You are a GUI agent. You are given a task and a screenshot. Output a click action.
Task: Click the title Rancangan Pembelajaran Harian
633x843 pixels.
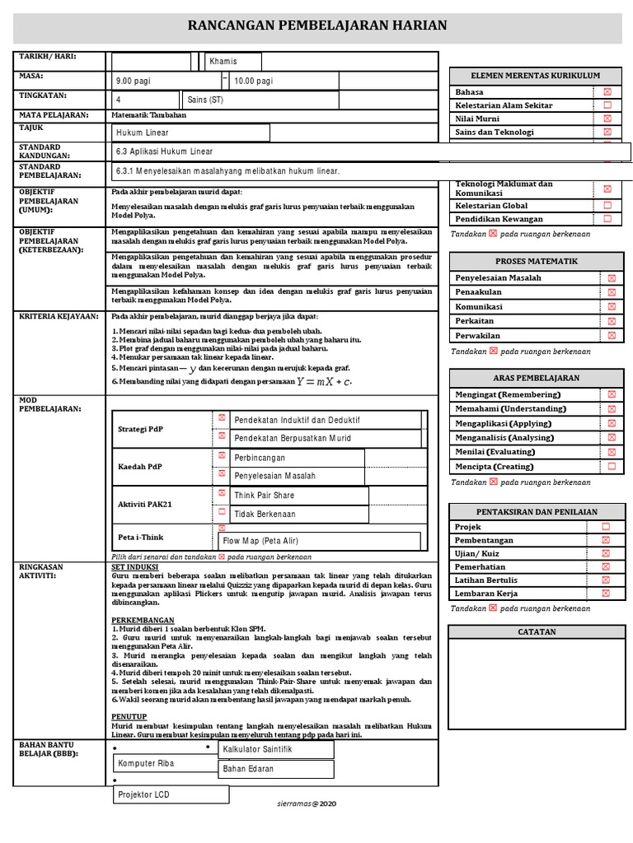click(x=318, y=26)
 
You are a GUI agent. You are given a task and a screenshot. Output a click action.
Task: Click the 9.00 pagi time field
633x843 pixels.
click(x=167, y=81)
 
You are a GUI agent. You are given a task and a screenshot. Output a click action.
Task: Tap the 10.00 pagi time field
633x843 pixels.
click(x=284, y=81)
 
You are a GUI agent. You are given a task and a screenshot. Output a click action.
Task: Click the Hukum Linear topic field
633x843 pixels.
click(x=190, y=133)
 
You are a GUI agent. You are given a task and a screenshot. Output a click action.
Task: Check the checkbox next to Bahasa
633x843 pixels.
click(x=607, y=92)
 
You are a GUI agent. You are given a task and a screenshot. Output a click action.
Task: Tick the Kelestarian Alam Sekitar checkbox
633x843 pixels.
click(x=607, y=105)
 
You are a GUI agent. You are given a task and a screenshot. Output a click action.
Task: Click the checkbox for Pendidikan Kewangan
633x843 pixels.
click(x=607, y=219)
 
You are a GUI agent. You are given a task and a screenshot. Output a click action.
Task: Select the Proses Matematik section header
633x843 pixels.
click(x=535, y=261)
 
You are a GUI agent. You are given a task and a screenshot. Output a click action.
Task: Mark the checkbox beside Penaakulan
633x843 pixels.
click(x=611, y=292)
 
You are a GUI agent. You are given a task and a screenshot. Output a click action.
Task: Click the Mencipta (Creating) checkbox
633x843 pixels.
click(x=611, y=466)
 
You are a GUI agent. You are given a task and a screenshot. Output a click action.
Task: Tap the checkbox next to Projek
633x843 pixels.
click(x=606, y=526)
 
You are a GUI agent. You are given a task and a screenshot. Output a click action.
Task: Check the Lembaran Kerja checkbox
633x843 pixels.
click(x=606, y=593)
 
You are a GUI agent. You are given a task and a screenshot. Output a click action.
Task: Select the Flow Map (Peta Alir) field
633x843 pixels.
click(x=319, y=541)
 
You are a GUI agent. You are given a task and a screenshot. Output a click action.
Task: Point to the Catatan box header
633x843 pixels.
click(x=537, y=631)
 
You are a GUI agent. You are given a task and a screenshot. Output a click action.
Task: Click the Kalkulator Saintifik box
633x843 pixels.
click(x=275, y=749)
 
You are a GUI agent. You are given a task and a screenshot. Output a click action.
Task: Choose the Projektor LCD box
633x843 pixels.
click(x=171, y=794)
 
